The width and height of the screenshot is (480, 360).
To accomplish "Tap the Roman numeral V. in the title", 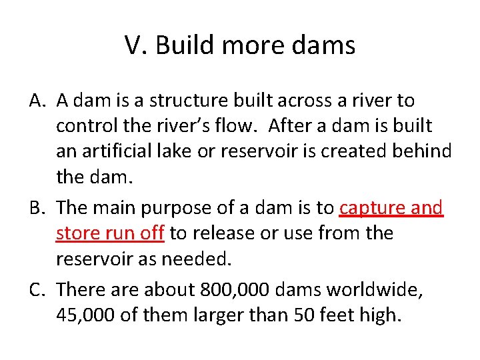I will click(x=136, y=46).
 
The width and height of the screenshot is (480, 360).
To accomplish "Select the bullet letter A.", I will click(x=37, y=101).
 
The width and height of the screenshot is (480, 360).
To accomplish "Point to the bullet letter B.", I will click(x=37, y=208).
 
